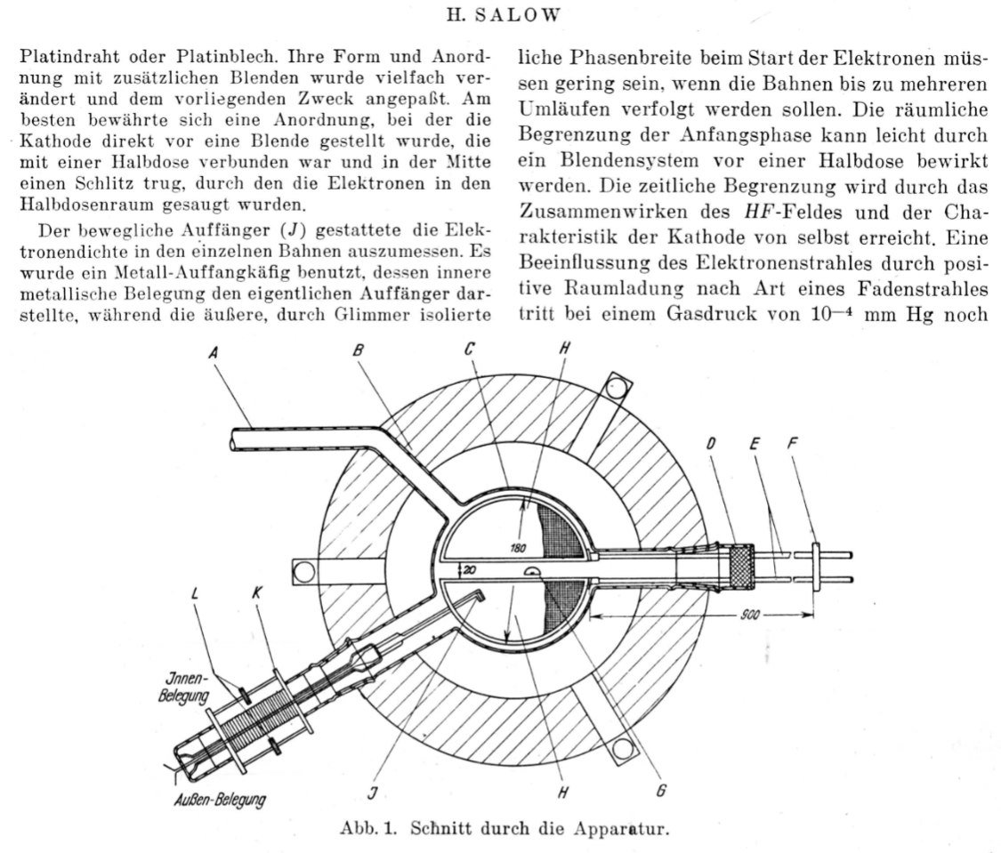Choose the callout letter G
tap(663, 789)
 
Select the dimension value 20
tap(469, 569)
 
